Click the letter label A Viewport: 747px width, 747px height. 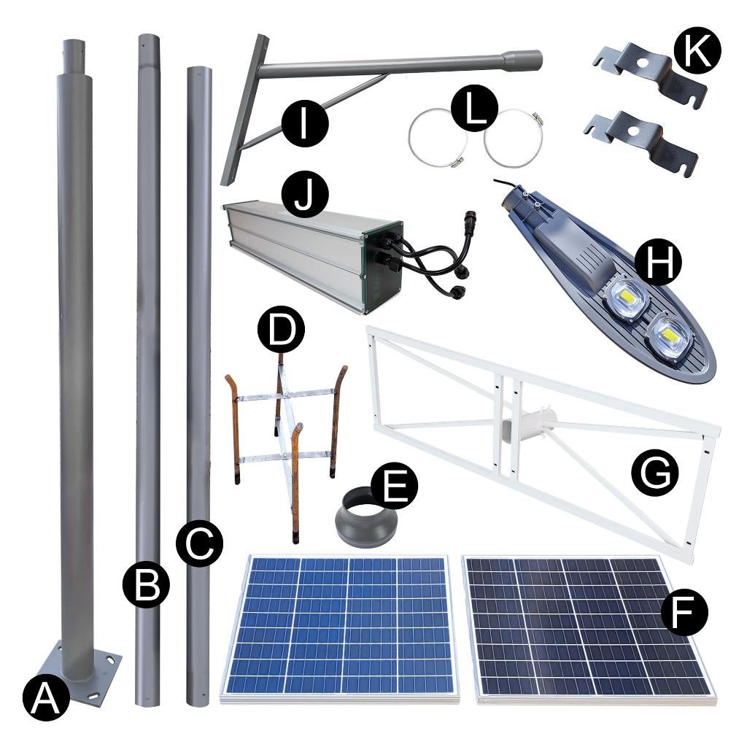[x=45, y=698]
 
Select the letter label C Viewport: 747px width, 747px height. [x=198, y=543]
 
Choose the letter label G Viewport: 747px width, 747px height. [x=654, y=473]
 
